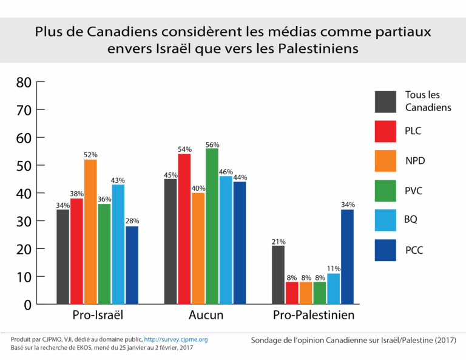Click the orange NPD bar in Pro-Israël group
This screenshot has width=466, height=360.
pyautogui.click(x=90, y=231)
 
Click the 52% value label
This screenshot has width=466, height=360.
pyautogui.click(x=91, y=155)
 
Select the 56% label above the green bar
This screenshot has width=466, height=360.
pyautogui.click(x=212, y=144)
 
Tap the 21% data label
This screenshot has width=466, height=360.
pyautogui.click(x=279, y=241)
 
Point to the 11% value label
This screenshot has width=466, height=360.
pyautogui.click(x=334, y=269)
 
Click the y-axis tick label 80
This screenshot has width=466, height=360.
pyautogui.click(x=24, y=83)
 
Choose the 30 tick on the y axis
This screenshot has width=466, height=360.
pyautogui.click(x=24, y=222)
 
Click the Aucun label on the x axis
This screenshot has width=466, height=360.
pyautogui.click(x=205, y=316)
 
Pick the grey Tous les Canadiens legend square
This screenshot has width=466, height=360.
pyautogui.click(x=385, y=101)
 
